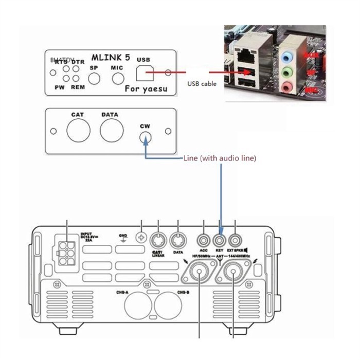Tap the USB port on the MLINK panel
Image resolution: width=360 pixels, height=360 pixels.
point(144,74)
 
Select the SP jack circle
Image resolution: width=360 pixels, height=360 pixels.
point(94,78)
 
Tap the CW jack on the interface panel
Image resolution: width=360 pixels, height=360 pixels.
point(146,137)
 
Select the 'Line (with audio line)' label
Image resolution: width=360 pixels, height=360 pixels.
point(220,159)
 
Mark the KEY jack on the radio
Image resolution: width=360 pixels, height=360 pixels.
point(220,239)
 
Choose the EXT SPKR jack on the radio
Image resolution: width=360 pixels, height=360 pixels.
point(236,239)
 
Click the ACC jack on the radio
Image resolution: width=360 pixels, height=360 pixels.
point(204,239)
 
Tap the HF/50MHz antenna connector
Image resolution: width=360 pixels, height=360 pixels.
point(199,273)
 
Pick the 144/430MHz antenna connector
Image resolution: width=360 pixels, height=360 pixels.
point(233,273)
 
